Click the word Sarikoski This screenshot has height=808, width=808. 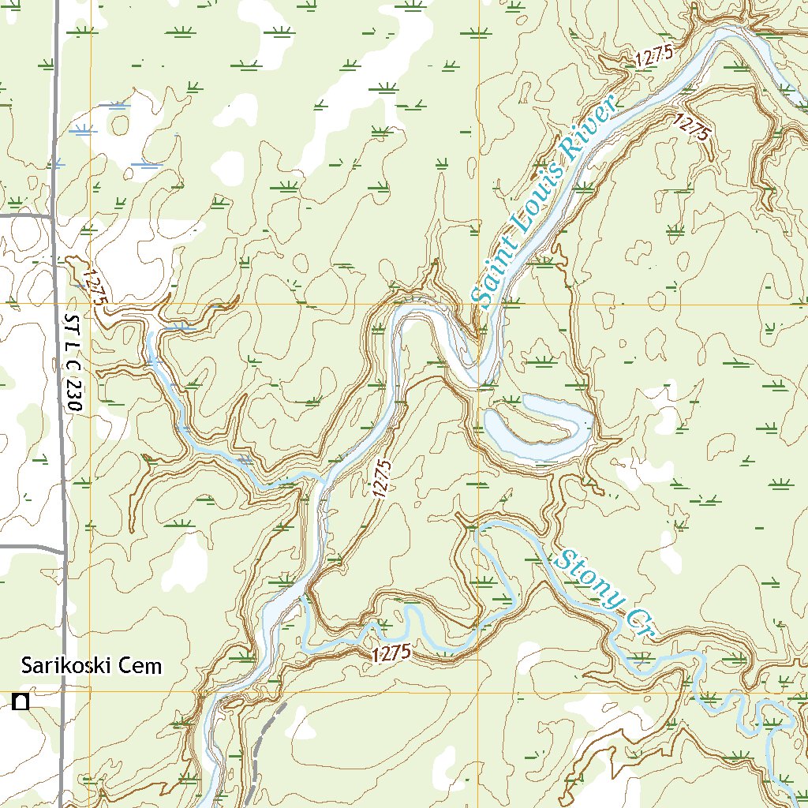(x=66, y=665)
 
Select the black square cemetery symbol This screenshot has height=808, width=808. (x=21, y=701)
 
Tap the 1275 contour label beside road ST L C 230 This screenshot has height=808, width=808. (x=93, y=288)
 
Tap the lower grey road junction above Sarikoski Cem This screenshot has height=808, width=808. (x=64, y=548)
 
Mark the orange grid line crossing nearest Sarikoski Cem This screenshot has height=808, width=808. (x=90, y=692)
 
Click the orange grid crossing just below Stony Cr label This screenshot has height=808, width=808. (x=479, y=692)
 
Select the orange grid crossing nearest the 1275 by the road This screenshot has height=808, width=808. (x=90, y=304)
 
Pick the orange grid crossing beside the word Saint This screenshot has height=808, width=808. (x=479, y=304)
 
